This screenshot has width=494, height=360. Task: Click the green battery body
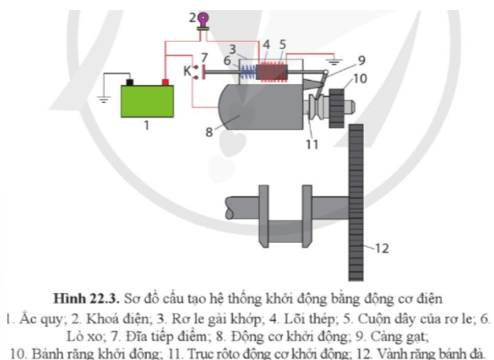147,101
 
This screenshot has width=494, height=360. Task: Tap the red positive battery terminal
165,82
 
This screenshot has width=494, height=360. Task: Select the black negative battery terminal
130,82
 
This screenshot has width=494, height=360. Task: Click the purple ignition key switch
203,21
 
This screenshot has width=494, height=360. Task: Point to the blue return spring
249,72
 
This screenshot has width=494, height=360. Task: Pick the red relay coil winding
273,72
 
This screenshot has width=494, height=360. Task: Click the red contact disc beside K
204,72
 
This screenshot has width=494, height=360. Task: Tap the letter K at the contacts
187,71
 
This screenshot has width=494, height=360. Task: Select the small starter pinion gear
337,108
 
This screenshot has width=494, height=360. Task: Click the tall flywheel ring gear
356,202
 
